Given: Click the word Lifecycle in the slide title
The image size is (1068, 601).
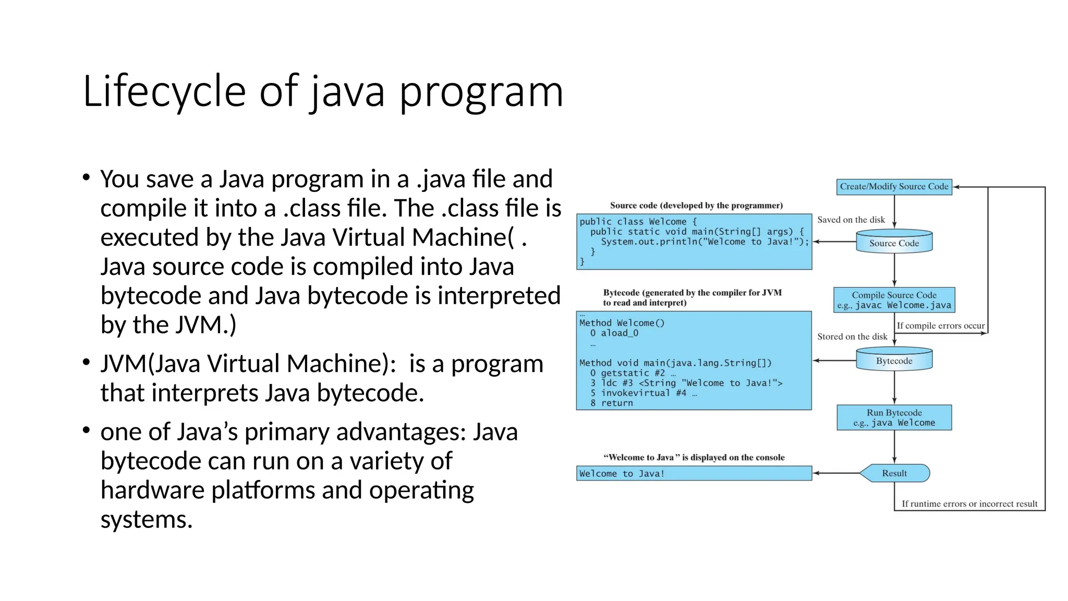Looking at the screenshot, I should (x=164, y=91).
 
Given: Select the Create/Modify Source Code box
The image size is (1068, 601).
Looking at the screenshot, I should (x=894, y=187).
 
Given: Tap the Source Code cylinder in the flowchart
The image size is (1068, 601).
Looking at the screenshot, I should (x=894, y=243).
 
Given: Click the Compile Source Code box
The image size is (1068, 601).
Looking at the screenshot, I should (x=894, y=300).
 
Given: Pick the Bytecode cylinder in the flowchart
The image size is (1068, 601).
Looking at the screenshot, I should (x=894, y=360).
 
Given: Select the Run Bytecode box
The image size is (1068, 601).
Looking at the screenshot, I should (x=894, y=417).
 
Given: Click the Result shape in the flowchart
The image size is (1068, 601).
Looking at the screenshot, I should (x=894, y=473).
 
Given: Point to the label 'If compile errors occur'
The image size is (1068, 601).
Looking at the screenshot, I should (x=940, y=326).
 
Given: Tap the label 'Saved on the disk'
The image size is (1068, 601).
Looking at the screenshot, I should (x=851, y=220).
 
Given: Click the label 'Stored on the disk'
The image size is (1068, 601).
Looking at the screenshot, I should (x=852, y=336).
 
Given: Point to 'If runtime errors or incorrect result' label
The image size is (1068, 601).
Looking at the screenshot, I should (x=969, y=503).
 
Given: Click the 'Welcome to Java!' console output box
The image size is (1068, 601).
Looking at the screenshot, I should (x=694, y=473).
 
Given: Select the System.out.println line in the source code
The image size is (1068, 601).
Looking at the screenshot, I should (x=704, y=242).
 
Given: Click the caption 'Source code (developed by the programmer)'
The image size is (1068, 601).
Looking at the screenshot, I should (x=696, y=206).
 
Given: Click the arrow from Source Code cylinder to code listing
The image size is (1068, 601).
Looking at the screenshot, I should (x=834, y=242).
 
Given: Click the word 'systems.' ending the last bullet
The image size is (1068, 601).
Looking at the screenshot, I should (x=147, y=520).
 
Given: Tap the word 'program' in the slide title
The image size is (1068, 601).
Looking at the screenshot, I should (x=481, y=91).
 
